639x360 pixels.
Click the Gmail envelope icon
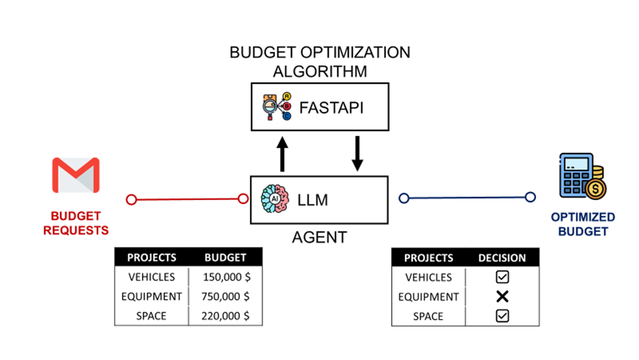pyautogui.click(x=75, y=175)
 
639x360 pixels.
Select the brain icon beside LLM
pyautogui.click(x=275, y=200)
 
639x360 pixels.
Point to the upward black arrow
pyautogui.click(x=282, y=153)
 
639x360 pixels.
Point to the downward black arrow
pyautogui.click(x=357, y=153)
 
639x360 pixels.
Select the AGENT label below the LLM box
pyautogui.click(x=319, y=238)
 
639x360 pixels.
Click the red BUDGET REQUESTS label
pyautogui.click(x=76, y=223)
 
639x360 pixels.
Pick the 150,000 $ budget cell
pyautogui.click(x=226, y=278)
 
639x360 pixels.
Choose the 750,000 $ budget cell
pyautogui.click(x=226, y=297)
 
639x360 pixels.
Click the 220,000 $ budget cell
pyautogui.click(x=226, y=316)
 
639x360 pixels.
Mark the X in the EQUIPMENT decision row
pyautogui.click(x=502, y=297)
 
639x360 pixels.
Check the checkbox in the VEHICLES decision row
pyautogui.click(x=502, y=278)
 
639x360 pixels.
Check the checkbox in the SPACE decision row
pyautogui.click(x=502, y=316)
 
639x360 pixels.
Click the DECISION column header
pyautogui.click(x=502, y=258)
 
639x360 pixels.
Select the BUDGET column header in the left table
pyautogui.click(x=225, y=258)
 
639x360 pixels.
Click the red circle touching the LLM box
pyautogui.click(x=243, y=199)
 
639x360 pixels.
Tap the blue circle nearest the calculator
pyautogui.click(x=530, y=198)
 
